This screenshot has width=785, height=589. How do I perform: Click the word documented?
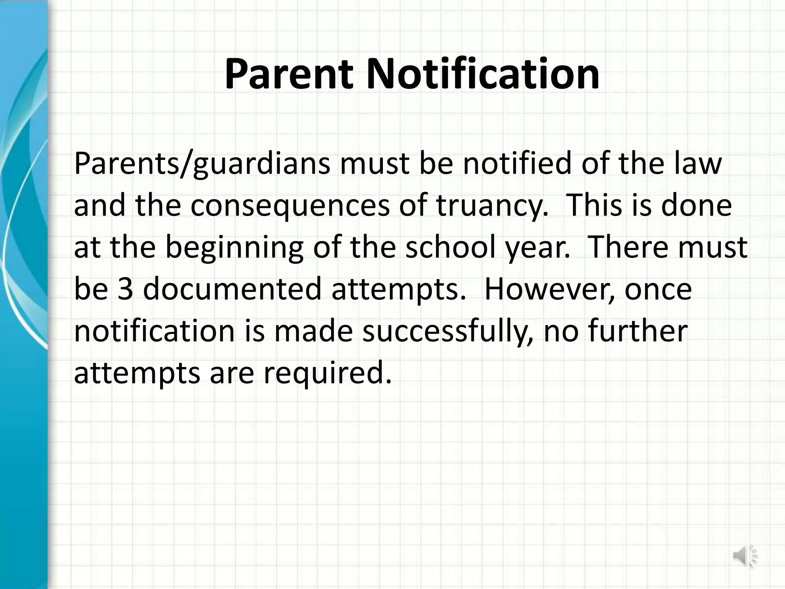[x=232, y=290]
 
